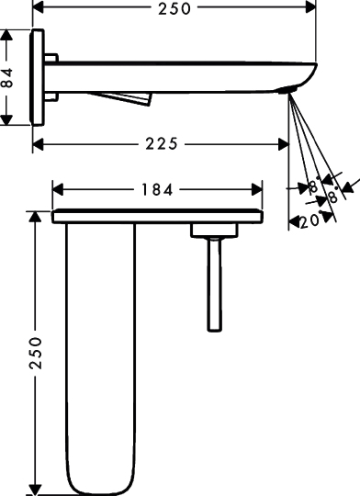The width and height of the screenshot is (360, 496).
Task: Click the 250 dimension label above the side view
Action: tap(174, 8)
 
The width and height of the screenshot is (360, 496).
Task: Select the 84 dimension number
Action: tap(7, 78)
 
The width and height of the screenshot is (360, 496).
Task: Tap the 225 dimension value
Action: tap(162, 144)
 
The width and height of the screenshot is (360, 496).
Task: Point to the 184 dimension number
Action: tap(157, 190)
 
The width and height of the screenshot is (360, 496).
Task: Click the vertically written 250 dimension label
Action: tap(36, 353)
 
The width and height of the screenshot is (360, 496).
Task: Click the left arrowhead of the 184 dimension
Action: tap(58, 190)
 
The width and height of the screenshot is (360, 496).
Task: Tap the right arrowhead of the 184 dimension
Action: tap(257, 190)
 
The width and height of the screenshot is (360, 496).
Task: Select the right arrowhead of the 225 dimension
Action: tap(283, 144)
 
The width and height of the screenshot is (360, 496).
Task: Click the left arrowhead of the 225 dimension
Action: tap(38, 144)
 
